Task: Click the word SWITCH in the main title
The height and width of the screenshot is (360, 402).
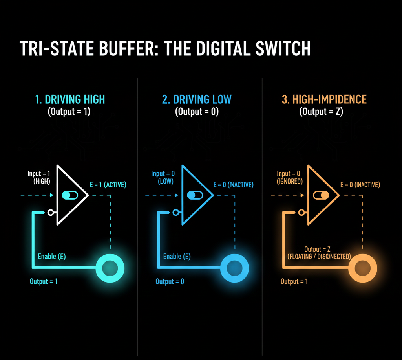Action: (283, 48)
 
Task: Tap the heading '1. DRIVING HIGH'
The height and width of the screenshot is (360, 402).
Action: (70, 99)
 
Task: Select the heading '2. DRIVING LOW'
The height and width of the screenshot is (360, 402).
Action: (197, 99)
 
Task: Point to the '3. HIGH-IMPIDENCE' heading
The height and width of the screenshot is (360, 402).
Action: (324, 99)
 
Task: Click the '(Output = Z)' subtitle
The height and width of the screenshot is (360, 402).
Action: (321, 112)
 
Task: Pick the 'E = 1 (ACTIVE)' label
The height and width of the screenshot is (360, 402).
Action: (108, 185)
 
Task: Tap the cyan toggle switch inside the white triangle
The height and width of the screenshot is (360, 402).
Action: (70, 195)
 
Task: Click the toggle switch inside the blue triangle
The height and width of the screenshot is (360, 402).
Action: (195, 195)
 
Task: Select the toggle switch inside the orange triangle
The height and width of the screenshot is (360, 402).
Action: (321, 195)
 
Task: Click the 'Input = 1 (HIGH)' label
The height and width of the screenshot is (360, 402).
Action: (39, 178)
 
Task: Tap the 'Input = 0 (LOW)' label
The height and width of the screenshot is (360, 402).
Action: (163, 178)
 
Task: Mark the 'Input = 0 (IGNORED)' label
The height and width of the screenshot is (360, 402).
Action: (289, 178)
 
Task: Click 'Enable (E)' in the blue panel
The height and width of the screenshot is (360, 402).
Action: (177, 256)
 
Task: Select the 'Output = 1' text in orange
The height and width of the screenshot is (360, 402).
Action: (294, 281)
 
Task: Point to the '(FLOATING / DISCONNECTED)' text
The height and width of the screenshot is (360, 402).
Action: (319, 257)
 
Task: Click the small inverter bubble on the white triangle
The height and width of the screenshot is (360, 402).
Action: (51, 213)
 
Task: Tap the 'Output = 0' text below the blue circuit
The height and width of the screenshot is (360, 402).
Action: (170, 281)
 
